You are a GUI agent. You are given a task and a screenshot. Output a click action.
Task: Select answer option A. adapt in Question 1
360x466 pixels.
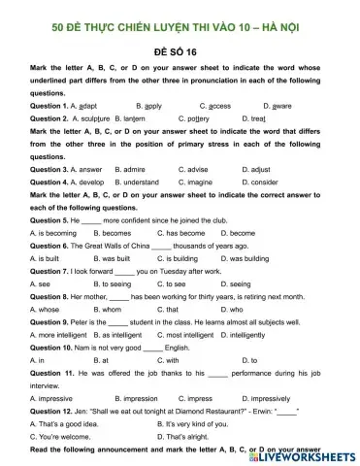pyautogui.click(x=82, y=104)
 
